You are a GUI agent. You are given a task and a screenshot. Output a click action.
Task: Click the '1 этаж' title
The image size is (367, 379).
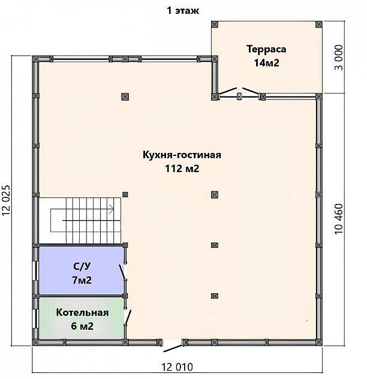click(x=183, y=11)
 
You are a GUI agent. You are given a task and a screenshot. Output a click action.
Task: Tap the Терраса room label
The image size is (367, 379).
click(x=266, y=50)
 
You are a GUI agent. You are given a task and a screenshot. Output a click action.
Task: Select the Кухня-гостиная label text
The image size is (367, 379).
click(x=182, y=155)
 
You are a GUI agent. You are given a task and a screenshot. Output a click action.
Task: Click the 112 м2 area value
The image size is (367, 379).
click(x=182, y=169)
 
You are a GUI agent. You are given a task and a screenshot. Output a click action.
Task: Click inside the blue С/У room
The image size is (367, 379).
click(x=81, y=270)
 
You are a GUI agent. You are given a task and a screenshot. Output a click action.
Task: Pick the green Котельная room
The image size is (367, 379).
click(x=81, y=318)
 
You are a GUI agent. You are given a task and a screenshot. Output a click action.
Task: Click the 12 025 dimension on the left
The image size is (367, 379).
click(x=6, y=200)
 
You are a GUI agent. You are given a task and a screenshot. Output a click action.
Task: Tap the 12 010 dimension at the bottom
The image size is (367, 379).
click(x=177, y=367)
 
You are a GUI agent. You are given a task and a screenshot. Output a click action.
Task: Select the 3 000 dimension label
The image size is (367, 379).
click(x=339, y=58)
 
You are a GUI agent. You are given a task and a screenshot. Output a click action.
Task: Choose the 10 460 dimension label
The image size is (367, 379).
click(x=339, y=219)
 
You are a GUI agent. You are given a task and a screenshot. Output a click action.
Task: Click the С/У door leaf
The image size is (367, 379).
click(x=122, y=272)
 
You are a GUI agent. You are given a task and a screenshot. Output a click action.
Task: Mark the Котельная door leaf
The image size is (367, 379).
click(x=128, y=317)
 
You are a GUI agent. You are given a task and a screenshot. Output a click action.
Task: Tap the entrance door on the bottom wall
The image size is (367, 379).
click(x=173, y=348)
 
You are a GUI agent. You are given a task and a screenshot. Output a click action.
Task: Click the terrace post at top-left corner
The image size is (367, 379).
click(x=215, y=25)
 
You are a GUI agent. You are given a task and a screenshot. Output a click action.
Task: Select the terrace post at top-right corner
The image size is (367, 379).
click(x=319, y=25)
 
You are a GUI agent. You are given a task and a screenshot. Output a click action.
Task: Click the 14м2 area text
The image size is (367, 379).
click(x=266, y=63)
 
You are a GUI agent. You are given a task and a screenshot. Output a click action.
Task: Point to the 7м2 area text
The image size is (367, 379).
click(x=82, y=281)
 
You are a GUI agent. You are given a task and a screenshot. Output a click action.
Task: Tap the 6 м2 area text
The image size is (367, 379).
click(x=82, y=326)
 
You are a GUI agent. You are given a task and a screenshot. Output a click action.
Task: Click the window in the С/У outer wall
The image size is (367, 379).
click(x=35, y=270)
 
